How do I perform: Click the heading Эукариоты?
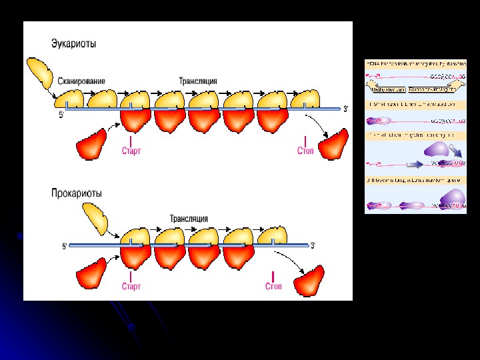coord(73,44)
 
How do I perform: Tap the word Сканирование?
coord(81,81)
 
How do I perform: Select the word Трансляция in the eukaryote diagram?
coord(197,81)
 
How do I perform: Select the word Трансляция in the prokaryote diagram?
coord(189,218)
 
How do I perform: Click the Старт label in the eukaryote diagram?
coord(131,151)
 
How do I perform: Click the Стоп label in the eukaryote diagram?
coord(305,151)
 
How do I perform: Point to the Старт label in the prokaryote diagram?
coord(131,287)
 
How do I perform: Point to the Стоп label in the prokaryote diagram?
coord(273,287)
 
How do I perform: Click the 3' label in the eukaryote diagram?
coord(345,109)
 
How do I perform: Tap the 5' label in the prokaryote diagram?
coord(65,246)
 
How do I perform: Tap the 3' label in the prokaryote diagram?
coord(313,245)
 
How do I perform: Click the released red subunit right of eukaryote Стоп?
coord(334,144)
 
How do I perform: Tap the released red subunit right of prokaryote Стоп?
coord(310,281)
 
